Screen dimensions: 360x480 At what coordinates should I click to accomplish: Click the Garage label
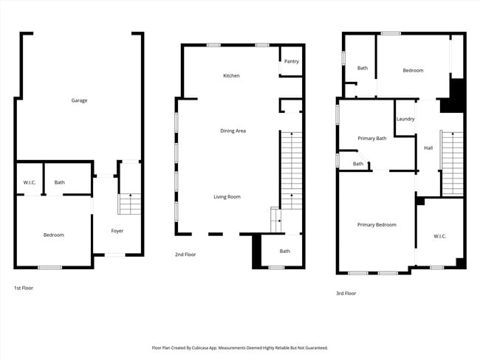[79, 100]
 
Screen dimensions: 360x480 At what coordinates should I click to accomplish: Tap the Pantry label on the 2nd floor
[291, 61]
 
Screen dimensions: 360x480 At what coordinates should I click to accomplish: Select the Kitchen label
[231, 76]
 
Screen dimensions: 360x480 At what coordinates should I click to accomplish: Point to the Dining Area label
[233, 131]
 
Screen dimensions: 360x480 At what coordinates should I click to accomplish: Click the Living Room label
[227, 196]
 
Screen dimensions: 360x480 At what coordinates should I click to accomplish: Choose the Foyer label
[117, 231]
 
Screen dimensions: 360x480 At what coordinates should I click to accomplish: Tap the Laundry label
[405, 119]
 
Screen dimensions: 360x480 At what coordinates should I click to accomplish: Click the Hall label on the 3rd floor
[428, 148]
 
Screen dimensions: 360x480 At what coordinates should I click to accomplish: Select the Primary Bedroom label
[377, 224]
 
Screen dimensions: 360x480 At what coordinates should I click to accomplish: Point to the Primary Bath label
[371, 138]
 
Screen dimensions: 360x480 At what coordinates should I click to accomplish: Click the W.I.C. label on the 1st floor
[30, 182]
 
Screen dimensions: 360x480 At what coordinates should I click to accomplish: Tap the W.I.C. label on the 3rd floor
[439, 236]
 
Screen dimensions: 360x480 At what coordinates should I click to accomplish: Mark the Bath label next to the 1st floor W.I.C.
[59, 182]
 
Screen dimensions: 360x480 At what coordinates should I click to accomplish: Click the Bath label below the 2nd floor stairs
[284, 252]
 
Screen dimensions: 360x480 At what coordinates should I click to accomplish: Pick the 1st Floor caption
[24, 288]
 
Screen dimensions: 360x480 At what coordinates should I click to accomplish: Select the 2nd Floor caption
[185, 255]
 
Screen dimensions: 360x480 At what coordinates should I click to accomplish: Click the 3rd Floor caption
[346, 293]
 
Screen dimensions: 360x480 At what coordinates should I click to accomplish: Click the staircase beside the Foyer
[129, 199]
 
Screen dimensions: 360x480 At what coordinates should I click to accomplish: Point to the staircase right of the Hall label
[452, 162]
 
